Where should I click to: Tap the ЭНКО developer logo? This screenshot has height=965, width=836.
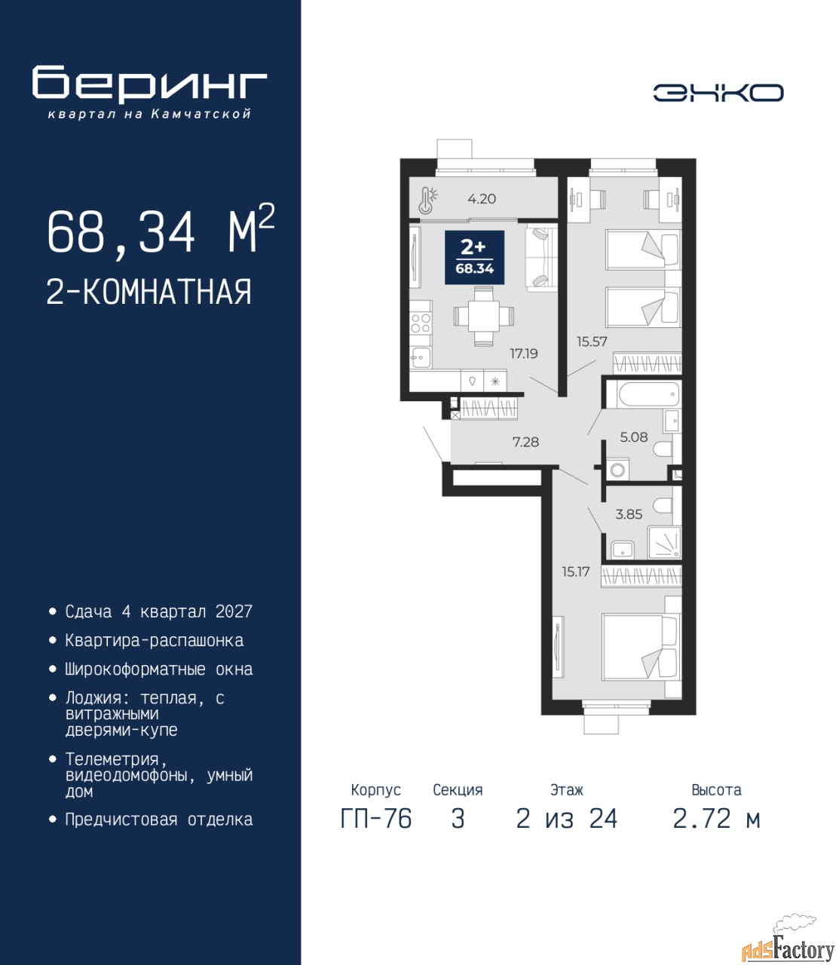point(718,93)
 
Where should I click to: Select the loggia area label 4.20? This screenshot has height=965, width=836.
point(482,199)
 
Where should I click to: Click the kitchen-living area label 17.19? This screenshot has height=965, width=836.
point(524,354)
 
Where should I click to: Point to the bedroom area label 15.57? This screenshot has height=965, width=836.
point(592,342)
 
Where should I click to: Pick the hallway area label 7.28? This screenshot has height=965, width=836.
point(525,442)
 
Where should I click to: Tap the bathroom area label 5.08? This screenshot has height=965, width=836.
point(633,437)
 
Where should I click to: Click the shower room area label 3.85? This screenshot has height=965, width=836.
point(629,514)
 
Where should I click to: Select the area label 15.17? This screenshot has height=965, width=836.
point(575,571)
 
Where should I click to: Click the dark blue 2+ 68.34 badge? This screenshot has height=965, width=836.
point(474,257)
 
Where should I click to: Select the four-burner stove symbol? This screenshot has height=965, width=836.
point(421,323)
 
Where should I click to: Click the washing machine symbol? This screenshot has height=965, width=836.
point(617,469)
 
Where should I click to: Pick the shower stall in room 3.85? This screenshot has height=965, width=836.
point(664,542)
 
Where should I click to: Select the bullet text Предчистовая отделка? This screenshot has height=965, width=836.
point(159,819)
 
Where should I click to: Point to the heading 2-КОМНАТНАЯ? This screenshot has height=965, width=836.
point(149,292)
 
